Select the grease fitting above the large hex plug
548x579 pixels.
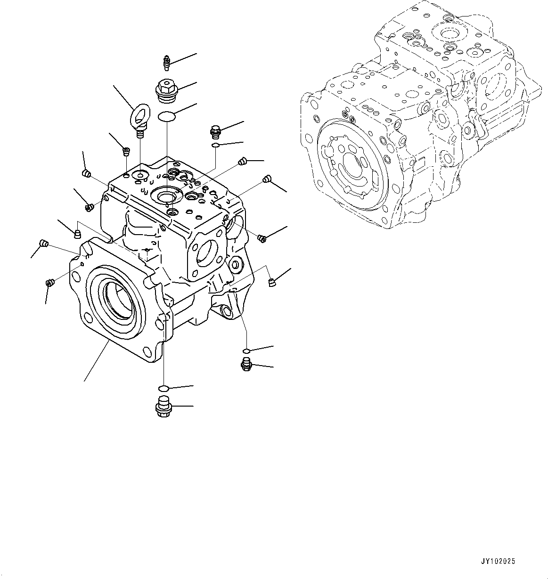pyautogui.click(x=165, y=61)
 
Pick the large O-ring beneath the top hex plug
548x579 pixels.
pyautogui.click(x=167, y=116)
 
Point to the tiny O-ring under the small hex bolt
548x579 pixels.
pyautogui.click(x=215, y=145)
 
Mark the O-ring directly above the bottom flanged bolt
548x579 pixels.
pyautogui.click(x=163, y=388)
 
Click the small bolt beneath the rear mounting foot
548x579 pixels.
pyautogui.click(x=245, y=364)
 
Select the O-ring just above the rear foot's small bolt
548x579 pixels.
pyautogui.click(x=246, y=351)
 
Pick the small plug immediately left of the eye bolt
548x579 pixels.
pyautogui.click(x=126, y=151)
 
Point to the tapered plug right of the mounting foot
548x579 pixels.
pyautogui.click(x=271, y=282)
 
